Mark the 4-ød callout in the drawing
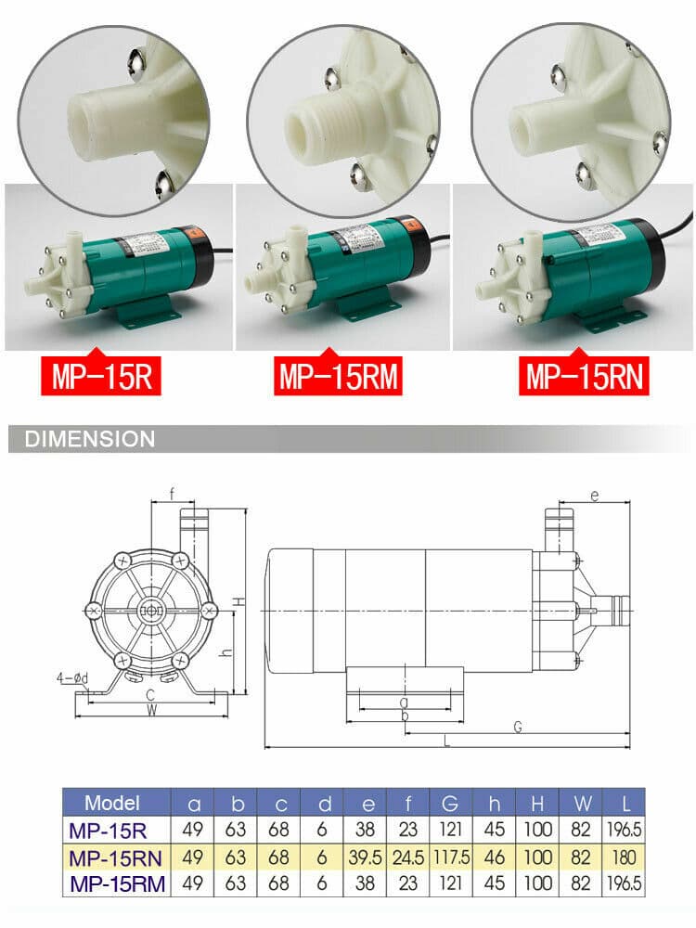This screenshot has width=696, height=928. (71, 678)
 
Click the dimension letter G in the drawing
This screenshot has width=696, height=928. (517, 726)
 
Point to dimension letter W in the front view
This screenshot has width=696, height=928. (150, 711)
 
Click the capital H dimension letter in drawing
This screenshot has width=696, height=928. (238, 600)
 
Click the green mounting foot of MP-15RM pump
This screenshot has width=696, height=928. (365, 304)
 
